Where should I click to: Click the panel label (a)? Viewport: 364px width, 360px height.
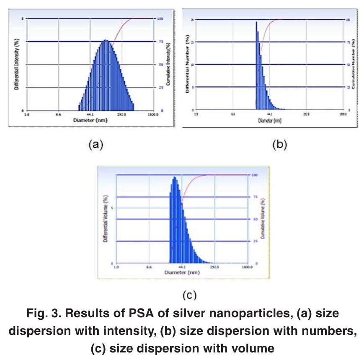click(95, 145)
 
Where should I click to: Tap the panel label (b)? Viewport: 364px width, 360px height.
click(279, 145)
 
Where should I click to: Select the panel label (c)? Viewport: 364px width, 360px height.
click(189, 295)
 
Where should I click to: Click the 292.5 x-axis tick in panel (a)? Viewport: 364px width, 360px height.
click(121, 114)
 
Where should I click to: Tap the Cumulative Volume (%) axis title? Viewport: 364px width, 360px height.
click(263, 219)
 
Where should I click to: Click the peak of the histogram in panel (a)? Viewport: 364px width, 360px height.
click(106, 41)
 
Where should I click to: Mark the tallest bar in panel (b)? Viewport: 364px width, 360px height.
click(256, 23)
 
